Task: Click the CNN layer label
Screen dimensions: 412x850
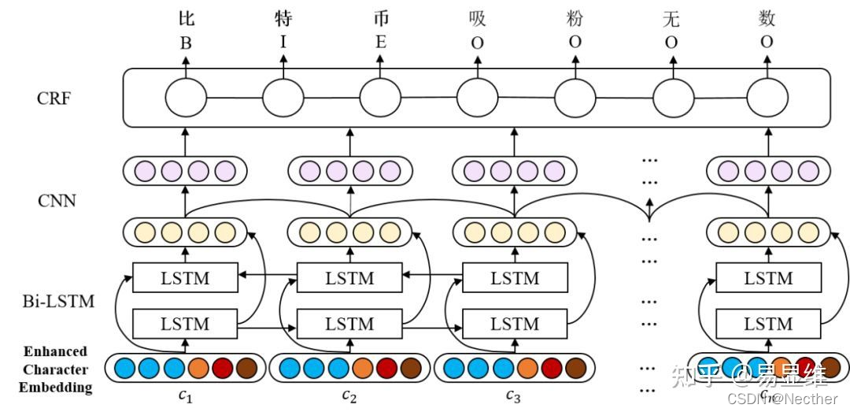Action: tap(57, 200)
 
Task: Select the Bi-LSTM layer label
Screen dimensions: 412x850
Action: tap(59, 300)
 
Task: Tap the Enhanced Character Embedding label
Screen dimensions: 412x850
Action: tap(55, 369)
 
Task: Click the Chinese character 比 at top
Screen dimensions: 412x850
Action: tap(186, 18)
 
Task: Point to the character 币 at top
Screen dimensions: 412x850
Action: tap(381, 18)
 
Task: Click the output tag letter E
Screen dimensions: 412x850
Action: tap(381, 43)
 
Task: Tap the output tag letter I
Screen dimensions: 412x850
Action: tap(283, 42)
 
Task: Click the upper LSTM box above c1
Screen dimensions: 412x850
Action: tap(185, 278)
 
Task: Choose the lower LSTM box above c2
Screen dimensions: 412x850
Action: tap(349, 324)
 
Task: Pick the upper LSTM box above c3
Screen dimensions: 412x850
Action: tap(515, 278)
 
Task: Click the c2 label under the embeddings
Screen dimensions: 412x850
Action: tap(349, 395)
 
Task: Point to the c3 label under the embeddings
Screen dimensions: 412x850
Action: tap(513, 395)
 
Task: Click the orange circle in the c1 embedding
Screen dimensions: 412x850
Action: tap(198, 368)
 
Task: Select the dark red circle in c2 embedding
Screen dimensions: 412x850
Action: tap(387, 368)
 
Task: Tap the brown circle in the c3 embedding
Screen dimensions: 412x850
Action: tap(575, 368)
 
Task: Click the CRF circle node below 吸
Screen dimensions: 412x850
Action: tap(477, 99)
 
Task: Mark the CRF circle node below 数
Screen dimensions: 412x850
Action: tap(767, 99)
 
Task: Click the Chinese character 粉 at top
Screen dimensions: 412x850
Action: tap(575, 18)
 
